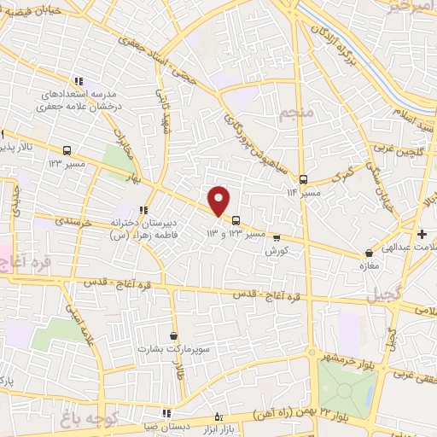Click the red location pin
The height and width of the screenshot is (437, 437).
(219, 201)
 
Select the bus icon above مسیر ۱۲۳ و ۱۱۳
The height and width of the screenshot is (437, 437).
(236, 219)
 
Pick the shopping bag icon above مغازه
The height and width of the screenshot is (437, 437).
(369, 253)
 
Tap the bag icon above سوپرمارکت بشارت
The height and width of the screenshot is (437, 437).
(174, 336)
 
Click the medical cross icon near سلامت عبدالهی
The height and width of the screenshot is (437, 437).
(422, 234)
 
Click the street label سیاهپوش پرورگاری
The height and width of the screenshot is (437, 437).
(242, 126)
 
